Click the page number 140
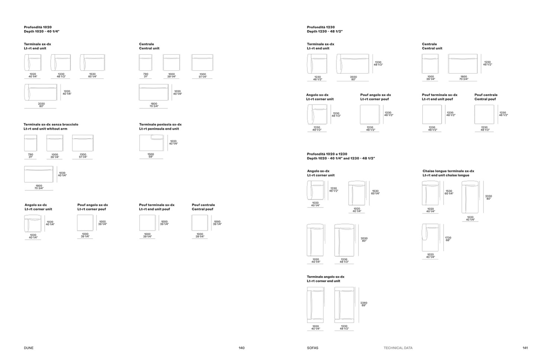(242, 348)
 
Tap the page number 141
(525, 348)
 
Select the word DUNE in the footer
(29, 348)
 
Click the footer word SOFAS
(313, 348)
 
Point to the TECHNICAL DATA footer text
(398, 348)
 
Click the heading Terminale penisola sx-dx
(160, 125)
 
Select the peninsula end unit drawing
(151, 143)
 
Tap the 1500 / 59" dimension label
(151, 155)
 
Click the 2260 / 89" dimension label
(364, 304)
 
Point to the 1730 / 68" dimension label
(448, 239)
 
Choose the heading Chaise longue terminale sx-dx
(448, 171)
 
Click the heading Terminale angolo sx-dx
(326, 277)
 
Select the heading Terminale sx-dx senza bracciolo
(51, 125)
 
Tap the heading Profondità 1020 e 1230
(327, 154)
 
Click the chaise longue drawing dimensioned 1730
(430, 237)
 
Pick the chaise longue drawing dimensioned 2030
(470, 197)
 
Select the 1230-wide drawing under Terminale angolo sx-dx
(344, 305)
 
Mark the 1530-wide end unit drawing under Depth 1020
(92, 62)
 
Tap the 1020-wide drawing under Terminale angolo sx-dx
(315, 305)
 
